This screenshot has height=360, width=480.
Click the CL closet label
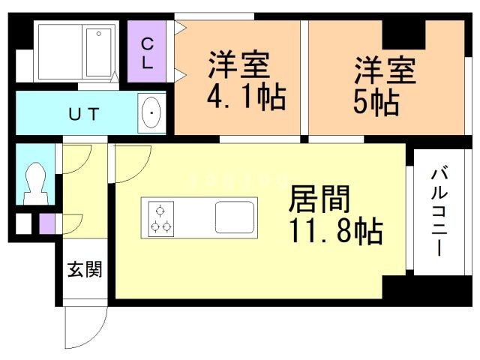coord(147,53)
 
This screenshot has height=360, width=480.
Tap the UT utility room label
coord(84,114)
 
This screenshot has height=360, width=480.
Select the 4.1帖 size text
coord(247,97)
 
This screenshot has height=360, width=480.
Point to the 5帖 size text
coord(376,102)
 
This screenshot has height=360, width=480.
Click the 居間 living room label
coord(319,199)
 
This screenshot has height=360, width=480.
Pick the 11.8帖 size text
coord(336,230)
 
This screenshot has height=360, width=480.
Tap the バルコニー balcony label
coord(439,210)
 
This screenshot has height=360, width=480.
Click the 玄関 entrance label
coord(85,269)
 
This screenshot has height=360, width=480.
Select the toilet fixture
coord(36,183)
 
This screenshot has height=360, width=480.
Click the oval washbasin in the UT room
coord(151,113)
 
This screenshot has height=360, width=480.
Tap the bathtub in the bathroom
coord(98,52)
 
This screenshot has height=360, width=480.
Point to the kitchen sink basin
coord(235,217)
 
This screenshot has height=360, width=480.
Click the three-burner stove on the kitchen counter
coord(161,219)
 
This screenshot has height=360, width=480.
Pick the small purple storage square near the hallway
coord(47,223)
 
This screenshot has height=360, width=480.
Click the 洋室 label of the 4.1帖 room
coord(239,65)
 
